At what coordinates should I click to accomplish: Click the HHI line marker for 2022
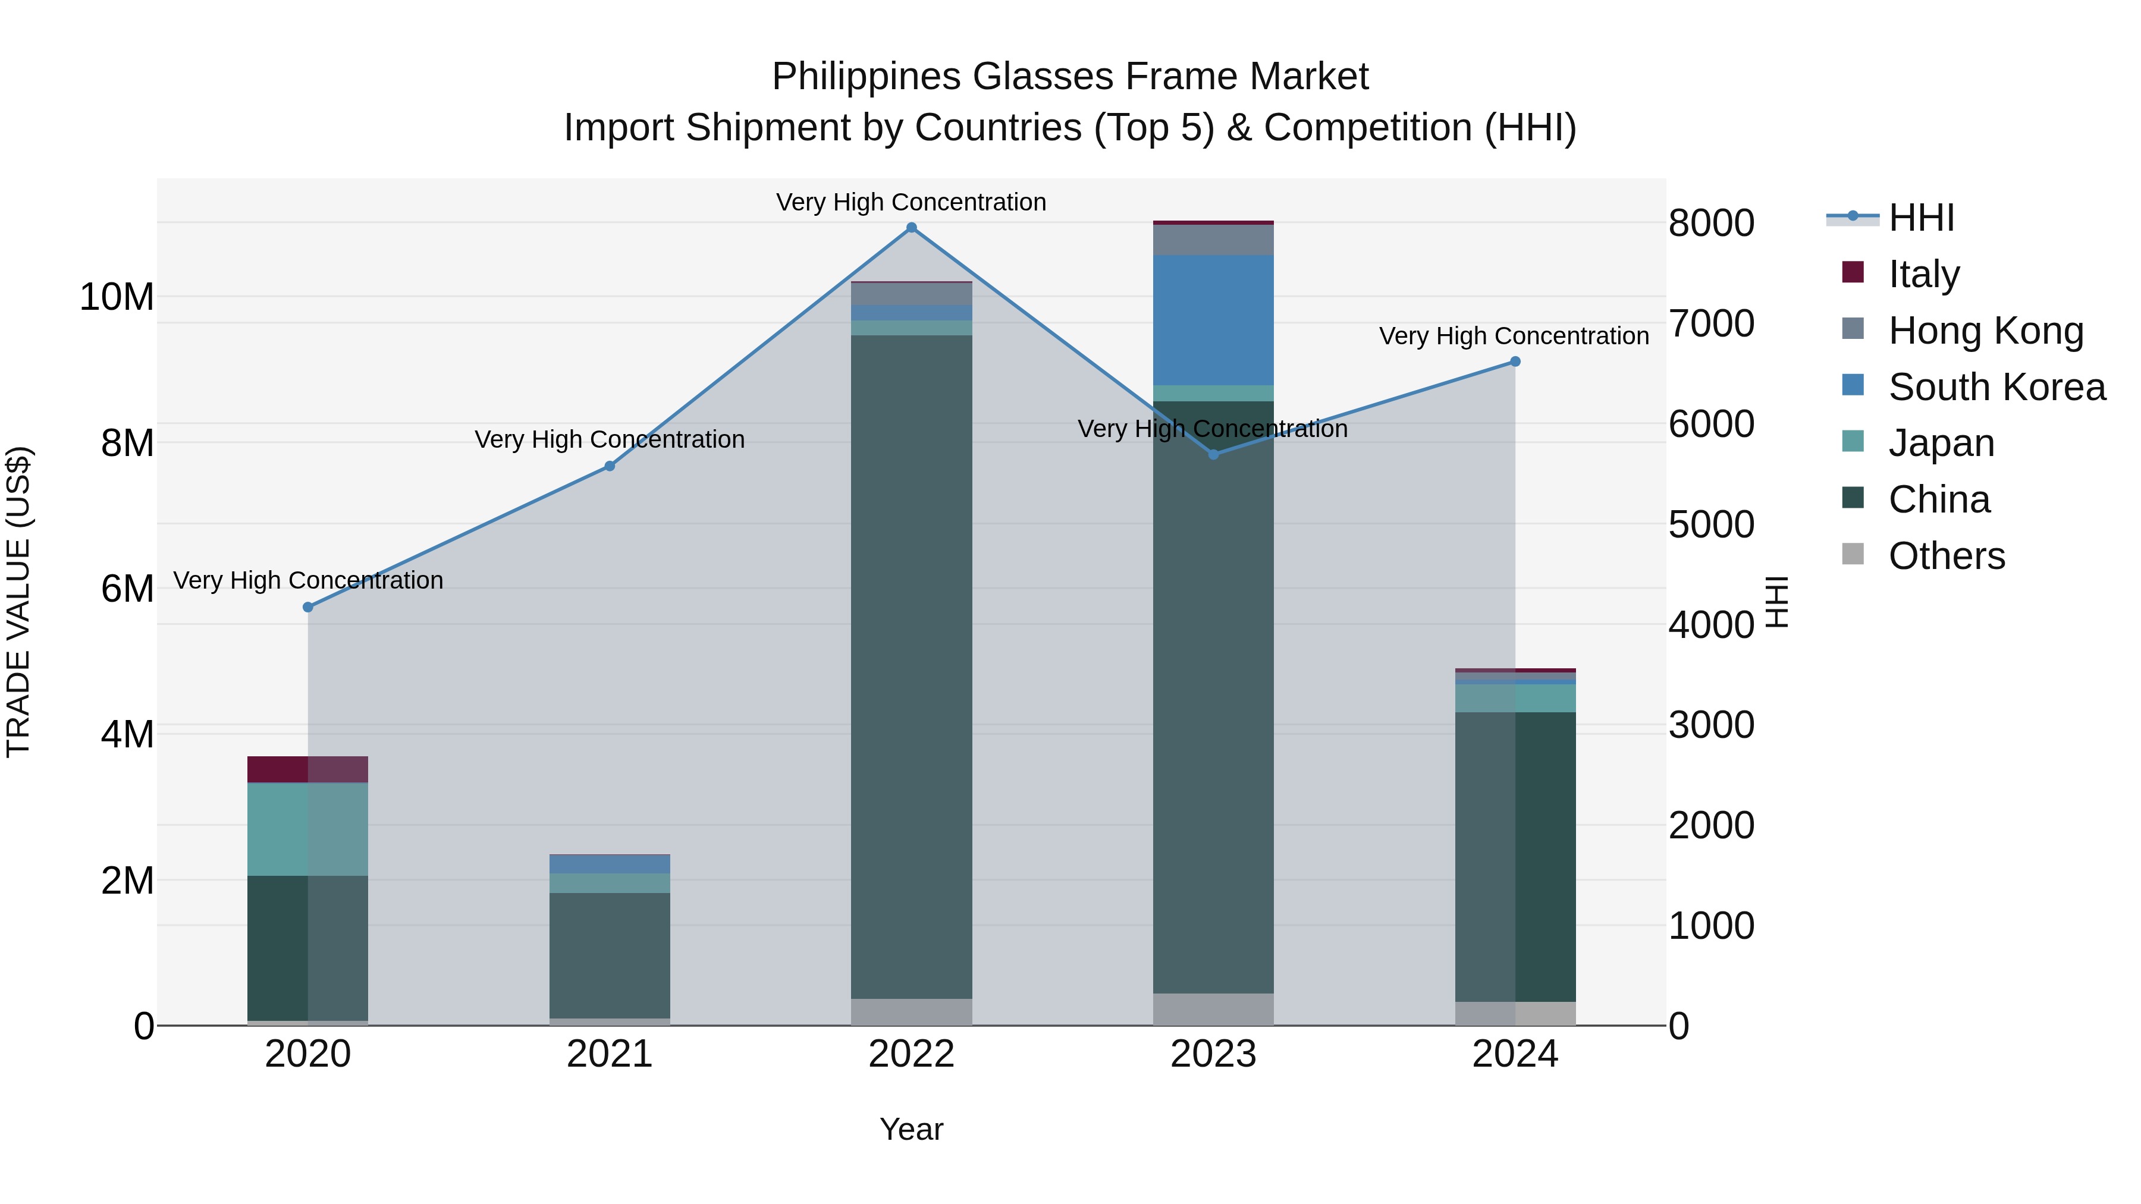coord(911,228)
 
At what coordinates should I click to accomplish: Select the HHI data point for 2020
coord(308,608)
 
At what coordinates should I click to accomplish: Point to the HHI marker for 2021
coord(609,466)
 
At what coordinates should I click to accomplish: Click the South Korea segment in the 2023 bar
coord(1213,320)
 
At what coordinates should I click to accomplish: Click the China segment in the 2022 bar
coord(911,665)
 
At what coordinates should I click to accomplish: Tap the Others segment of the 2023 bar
coord(1213,1009)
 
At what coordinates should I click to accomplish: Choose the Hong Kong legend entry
coord(1985,331)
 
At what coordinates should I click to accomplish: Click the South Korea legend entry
coord(1995,387)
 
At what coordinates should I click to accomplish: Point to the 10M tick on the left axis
coord(117,297)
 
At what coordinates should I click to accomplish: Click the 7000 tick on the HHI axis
coord(1711,323)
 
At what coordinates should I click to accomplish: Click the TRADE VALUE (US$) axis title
coord(19,602)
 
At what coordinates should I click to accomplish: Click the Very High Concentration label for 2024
coord(1514,337)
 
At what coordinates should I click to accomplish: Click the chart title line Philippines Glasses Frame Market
coord(1070,77)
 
